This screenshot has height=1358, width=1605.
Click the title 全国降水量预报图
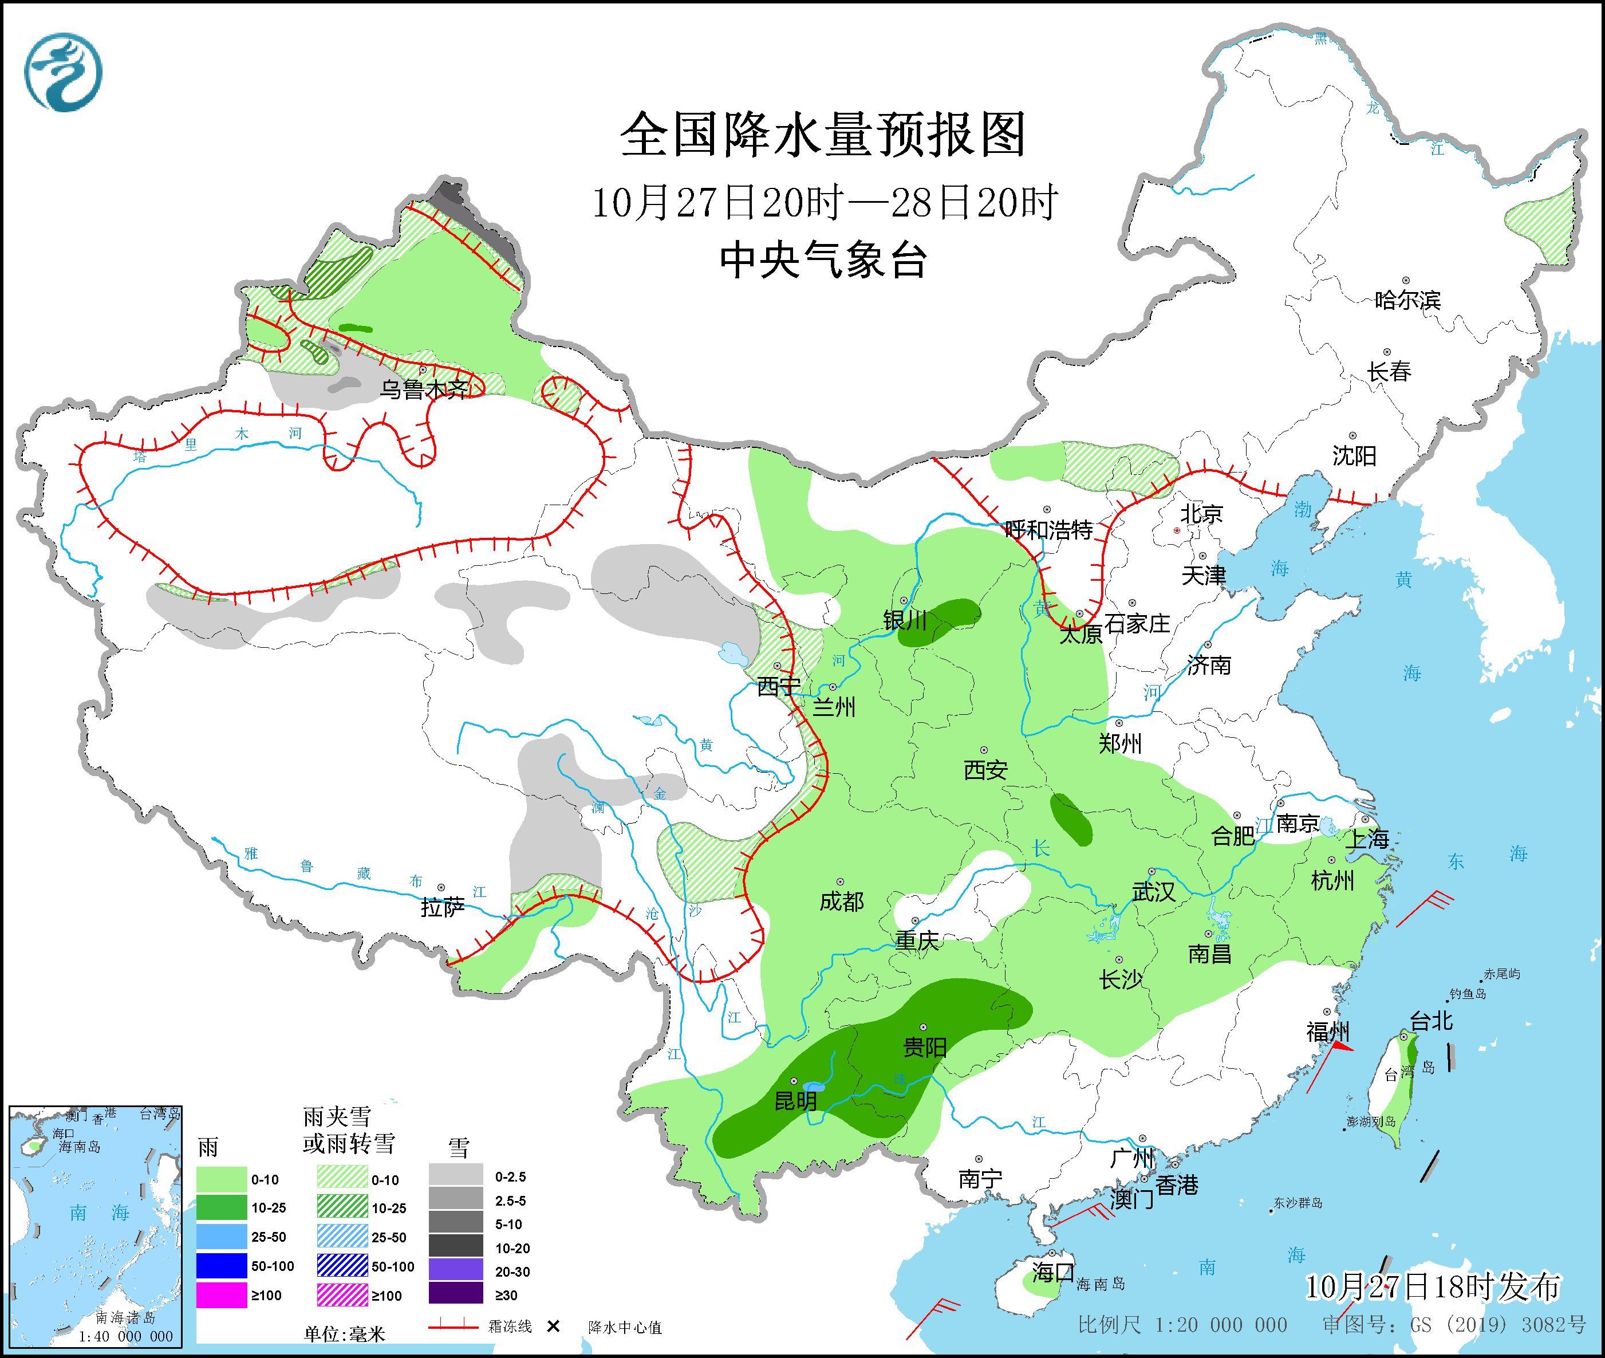pos(823,135)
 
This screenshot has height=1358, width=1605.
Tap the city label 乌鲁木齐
pos(423,389)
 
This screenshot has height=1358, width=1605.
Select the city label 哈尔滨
pos(1407,300)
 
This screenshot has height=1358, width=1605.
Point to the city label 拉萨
pos(443,908)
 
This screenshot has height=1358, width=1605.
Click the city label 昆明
pos(795,1101)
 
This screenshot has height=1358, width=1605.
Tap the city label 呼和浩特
pos(1048,530)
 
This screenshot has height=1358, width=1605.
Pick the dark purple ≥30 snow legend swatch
pos(456,1296)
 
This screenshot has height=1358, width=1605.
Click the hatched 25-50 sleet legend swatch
pos(342,1237)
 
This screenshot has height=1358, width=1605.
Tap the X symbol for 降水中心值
pos(552,1326)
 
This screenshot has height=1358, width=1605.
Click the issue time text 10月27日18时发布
pos(1433,1286)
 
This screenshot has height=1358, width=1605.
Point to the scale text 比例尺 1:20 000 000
pos(1182,1325)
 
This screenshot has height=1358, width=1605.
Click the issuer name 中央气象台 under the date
pos(823,260)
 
